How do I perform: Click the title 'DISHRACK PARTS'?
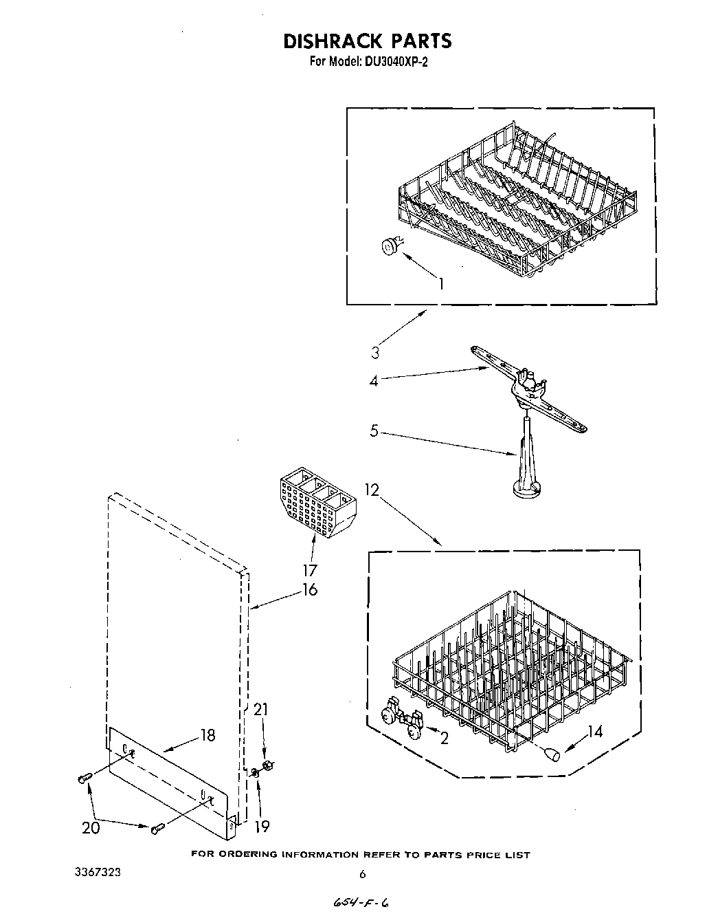[368, 41]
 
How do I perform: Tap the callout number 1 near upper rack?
[440, 283]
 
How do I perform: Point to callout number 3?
[375, 353]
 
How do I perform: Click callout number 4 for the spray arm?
[374, 380]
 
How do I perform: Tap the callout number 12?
[372, 490]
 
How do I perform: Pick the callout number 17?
[309, 570]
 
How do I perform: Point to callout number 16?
[309, 589]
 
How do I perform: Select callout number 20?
[91, 828]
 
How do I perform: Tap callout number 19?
[261, 826]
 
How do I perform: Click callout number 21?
[261, 709]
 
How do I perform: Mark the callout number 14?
[595, 732]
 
